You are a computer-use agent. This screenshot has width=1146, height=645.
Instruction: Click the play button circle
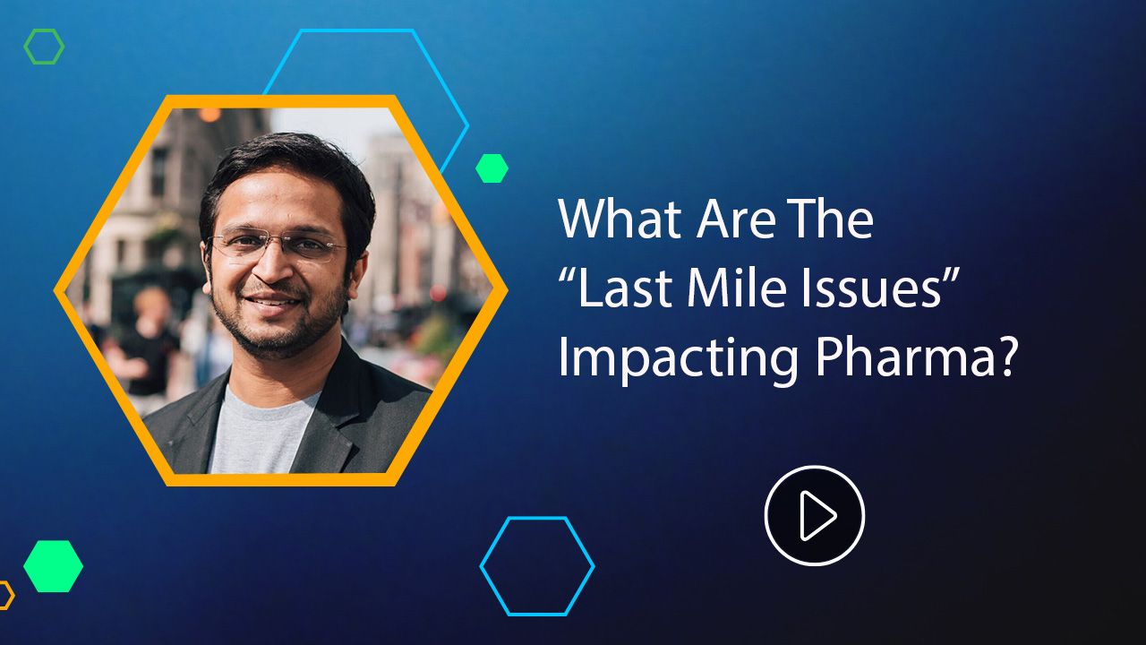(814, 515)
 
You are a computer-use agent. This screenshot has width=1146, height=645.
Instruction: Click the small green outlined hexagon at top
(44, 47)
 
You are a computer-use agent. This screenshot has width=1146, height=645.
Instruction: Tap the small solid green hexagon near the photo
(492, 168)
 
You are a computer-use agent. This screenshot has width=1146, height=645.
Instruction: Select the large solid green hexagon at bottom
(53, 566)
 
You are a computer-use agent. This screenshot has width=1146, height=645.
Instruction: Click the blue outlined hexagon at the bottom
(537, 566)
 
